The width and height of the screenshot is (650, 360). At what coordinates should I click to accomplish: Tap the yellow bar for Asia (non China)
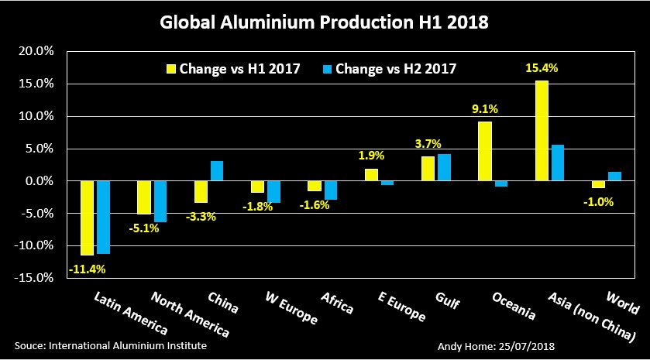click(542, 131)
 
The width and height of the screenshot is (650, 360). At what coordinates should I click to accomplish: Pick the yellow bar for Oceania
click(485, 151)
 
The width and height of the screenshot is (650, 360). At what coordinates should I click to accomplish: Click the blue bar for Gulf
click(444, 167)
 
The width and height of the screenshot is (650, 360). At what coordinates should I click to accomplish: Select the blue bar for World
click(614, 177)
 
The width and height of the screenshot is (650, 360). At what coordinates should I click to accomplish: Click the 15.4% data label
click(542, 68)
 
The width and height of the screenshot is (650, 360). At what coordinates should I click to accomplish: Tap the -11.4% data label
click(88, 269)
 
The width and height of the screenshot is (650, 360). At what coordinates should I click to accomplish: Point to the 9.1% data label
click(485, 108)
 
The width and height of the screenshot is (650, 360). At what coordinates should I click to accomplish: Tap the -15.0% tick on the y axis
click(35, 277)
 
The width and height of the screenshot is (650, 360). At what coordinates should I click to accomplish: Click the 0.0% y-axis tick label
click(38, 180)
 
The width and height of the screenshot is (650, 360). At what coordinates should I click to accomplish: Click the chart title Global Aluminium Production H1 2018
click(325, 22)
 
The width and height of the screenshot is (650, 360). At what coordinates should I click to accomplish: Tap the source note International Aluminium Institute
click(111, 345)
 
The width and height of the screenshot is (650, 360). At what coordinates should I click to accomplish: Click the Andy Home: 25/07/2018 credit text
click(495, 345)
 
